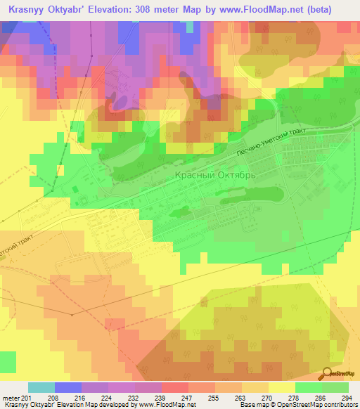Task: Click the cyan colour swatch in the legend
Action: [41, 387]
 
